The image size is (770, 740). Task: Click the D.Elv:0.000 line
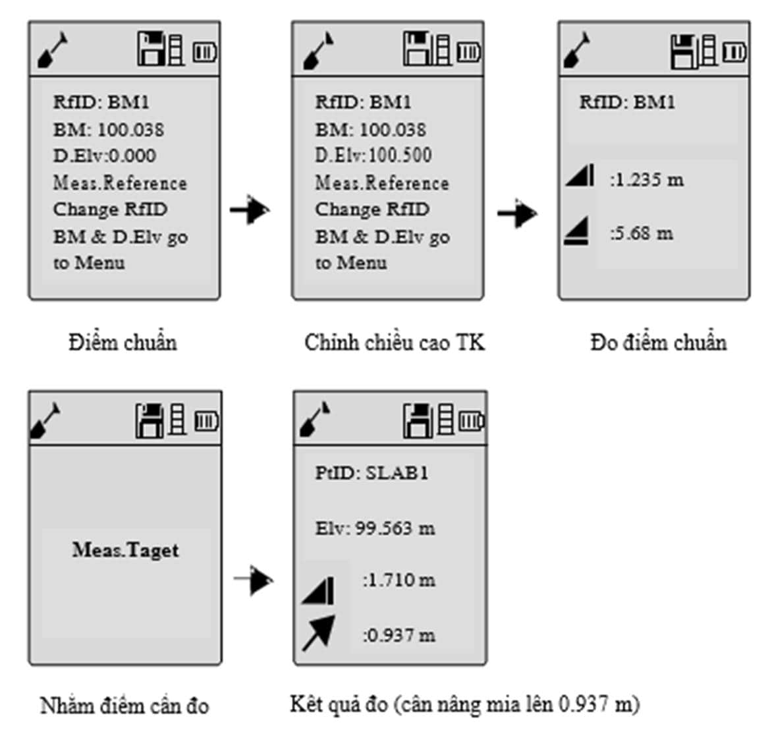click(105, 156)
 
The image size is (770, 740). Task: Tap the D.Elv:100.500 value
click(400, 156)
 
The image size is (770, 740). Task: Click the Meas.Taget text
click(126, 550)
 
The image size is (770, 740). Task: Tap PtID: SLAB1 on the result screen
click(371, 472)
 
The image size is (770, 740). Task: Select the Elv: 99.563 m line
click(375, 528)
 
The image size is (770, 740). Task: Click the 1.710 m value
click(399, 581)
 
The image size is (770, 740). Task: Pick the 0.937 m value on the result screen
click(399, 635)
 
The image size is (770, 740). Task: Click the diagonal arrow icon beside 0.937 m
click(319, 633)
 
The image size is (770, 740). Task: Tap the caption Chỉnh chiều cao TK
click(395, 343)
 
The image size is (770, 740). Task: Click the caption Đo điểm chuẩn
click(658, 342)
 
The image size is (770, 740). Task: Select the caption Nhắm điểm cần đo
click(124, 706)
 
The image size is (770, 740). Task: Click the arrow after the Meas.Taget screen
click(253, 580)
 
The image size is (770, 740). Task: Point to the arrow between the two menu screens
click(250, 210)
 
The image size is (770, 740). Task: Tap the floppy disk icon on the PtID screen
click(418, 420)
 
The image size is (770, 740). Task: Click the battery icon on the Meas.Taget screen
click(207, 421)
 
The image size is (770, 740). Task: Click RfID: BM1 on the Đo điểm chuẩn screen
click(627, 102)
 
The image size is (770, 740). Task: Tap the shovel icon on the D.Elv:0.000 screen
click(53, 50)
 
